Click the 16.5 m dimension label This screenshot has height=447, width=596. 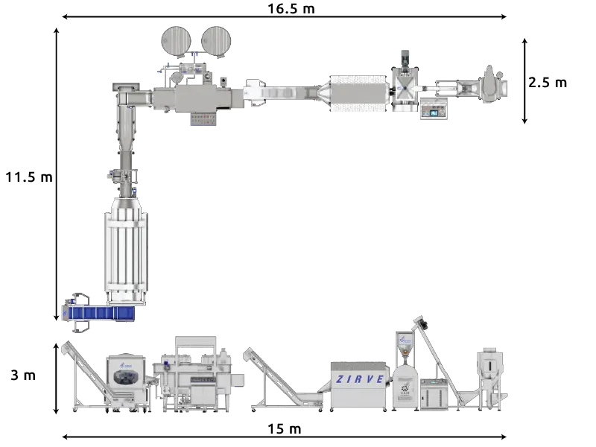[291, 9]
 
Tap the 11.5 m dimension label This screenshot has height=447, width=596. [29, 177]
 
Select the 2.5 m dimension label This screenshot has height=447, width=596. [548, 83]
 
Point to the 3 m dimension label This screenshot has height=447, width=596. [23, 375]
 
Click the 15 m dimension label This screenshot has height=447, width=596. [285, 429]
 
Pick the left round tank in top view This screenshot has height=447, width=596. [176, 41]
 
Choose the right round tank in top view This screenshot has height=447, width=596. [216, 41]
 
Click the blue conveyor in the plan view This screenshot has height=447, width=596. [99, 313]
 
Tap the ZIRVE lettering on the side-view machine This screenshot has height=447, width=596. [360, 379]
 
